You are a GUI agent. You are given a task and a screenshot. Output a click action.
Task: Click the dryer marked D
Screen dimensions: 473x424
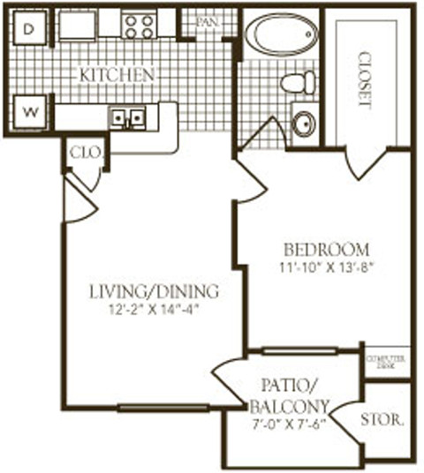tap(28, 28)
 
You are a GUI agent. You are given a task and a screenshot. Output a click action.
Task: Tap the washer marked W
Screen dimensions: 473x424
tap(28, 112)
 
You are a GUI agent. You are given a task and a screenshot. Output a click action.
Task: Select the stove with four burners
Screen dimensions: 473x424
tap(139, 25)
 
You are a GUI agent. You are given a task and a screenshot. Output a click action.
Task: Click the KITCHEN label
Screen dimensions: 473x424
tap(117, 74)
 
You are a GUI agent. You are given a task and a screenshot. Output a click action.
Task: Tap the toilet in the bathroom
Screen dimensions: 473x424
tap(298, 83)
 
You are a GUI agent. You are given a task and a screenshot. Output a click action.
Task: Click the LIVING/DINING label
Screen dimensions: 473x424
tap(155, 291)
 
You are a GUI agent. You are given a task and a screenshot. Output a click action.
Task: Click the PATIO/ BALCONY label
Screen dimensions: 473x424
tap(284, 396)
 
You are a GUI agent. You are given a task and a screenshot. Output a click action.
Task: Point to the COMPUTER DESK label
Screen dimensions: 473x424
tap(387, 362)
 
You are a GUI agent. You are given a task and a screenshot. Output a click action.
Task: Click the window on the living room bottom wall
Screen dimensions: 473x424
tap(163, 408)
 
